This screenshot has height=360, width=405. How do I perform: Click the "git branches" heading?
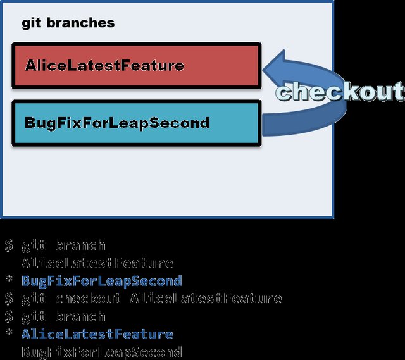(68, 23)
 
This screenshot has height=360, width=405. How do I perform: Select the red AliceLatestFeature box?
(135, 65)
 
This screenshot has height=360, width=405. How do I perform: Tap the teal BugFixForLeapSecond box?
(135, 122)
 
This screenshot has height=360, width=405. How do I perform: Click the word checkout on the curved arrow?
(340, 92)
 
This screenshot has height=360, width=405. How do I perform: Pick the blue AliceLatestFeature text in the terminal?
(97, 334)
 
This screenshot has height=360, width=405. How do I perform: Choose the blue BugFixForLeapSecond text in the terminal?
(101, 281)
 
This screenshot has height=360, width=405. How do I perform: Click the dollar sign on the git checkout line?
(9, 298)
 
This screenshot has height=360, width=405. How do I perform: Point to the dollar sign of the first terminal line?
(9, 245)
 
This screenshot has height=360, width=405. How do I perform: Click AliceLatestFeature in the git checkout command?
(206, 298)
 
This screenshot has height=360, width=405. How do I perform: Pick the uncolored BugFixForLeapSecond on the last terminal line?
(101, 352)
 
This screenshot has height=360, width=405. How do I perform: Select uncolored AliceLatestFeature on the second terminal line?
(97, 263)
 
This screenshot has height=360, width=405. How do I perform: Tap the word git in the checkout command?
(34, 298)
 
